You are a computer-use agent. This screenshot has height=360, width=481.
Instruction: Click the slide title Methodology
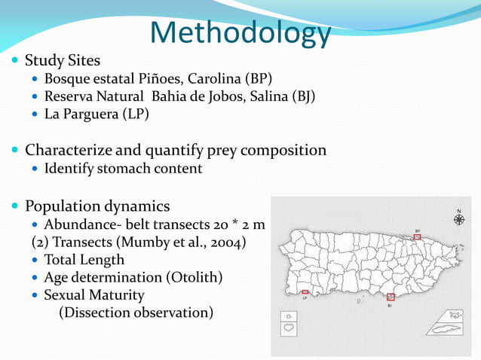pyautogui.click(x=240, y=33)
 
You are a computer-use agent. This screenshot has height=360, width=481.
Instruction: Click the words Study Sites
pyautogui.click(x=63, y=60)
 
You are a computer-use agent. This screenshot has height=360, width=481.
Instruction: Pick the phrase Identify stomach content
pyautogui.click(x=123, y=169)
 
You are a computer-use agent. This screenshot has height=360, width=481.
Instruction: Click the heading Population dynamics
pyautogui.click(x=97, y=206)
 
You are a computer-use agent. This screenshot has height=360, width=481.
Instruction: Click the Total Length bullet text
pyautogui.click(x=84, y=260)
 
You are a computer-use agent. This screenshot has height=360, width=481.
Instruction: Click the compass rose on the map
pyautogui.click(x=458, y=219)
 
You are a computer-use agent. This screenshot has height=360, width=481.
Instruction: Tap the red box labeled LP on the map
pyautogui.click(x=305, y=291)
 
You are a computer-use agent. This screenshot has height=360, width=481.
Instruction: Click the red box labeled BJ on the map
pyautogui.click(x=390, y=297)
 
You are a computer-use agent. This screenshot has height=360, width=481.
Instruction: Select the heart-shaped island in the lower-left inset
pyautogui.click(x=288, y=329)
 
